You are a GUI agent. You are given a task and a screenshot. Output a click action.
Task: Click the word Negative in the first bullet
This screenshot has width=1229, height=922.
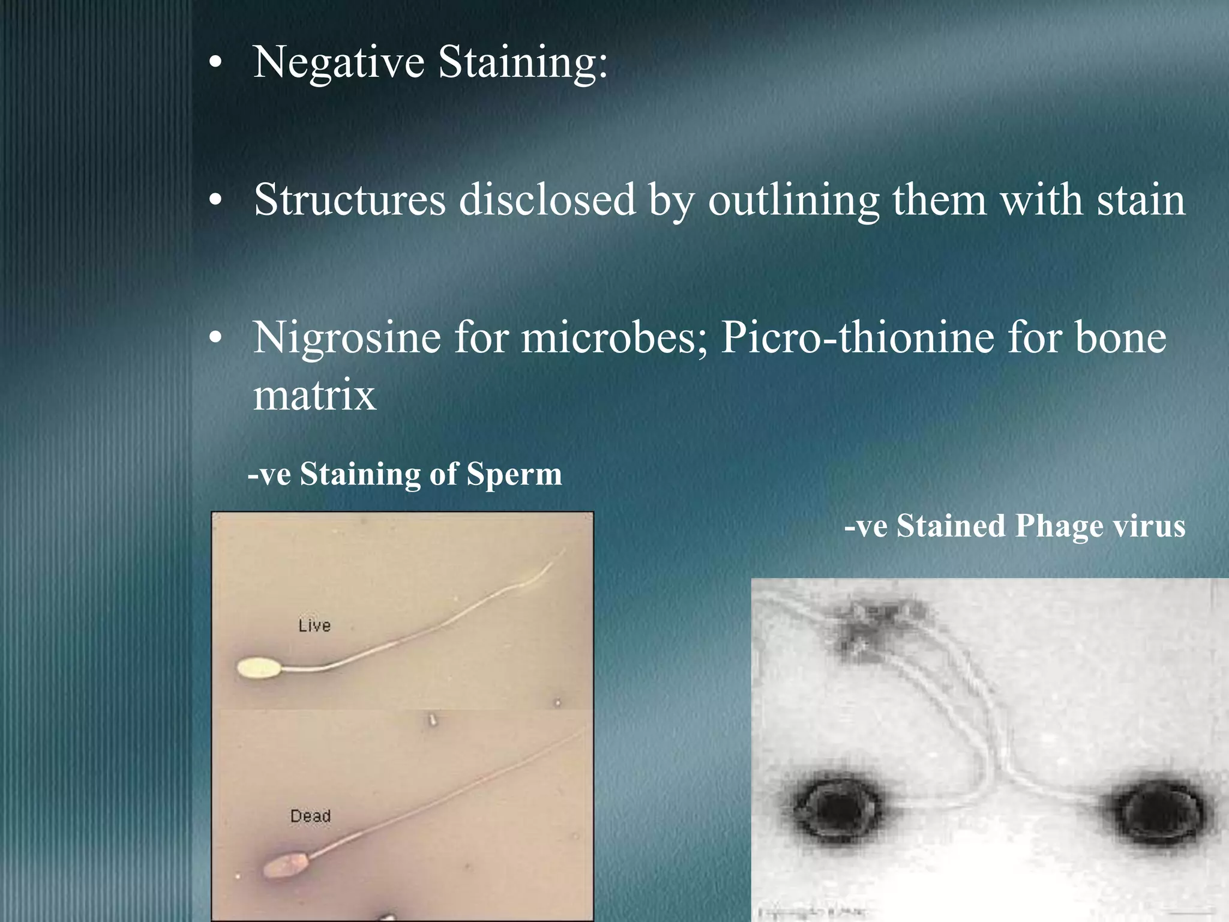(338, 62)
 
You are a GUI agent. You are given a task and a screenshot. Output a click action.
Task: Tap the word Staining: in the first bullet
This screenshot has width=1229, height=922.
(523, 62)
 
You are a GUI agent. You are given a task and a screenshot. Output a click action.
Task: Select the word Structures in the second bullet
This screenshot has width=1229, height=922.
(350, 200)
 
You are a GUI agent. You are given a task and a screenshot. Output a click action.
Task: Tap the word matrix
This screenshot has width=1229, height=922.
(314, 396)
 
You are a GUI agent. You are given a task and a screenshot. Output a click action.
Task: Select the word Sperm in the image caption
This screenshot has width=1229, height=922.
(514, 474)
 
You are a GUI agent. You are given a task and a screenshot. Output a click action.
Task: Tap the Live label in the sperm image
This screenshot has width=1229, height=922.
(314, 626)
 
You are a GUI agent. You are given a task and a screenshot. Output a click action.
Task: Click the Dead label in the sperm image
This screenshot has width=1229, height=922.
(310, 816)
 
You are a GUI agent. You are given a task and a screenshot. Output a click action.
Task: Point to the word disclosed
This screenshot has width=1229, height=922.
(547, 200)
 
